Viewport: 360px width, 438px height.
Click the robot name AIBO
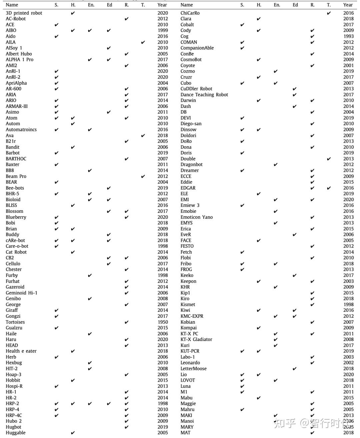coord(11,30)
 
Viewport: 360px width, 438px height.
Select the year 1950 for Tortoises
coord(163,322)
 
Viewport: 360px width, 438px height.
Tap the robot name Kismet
coord(188,304)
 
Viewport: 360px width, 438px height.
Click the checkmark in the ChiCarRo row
coord(329,13)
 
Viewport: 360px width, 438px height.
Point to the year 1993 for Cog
coord(348,36)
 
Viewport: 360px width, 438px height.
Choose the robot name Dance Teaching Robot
coord(204,95)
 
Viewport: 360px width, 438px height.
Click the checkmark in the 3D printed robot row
coord(73,13)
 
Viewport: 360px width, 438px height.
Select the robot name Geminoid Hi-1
coord(21,293)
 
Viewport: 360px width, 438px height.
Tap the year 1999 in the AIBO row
coord(163,30)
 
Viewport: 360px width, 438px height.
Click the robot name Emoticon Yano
coord(196,217)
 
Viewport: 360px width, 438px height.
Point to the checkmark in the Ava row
coord(143,136)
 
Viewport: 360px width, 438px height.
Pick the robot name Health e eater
coord(21,351)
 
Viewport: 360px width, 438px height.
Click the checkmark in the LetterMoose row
coord(294,369)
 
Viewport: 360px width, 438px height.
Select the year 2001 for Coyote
coord(348,66)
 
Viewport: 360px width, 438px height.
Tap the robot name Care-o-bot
coord(17,246)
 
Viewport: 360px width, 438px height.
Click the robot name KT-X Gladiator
coord(196,339)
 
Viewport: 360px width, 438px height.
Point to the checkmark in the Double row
coord(329,159)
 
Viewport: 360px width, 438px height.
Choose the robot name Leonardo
coord(190,363)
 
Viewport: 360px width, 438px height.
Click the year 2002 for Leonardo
coord(348,363)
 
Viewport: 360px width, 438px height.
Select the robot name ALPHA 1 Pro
coord(19,60)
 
